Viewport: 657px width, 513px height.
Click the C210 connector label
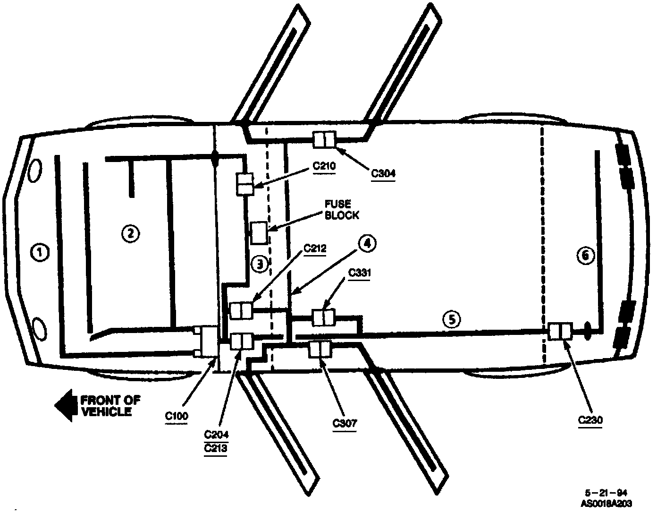coord(324,166)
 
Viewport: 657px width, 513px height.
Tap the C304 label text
coord(383,173)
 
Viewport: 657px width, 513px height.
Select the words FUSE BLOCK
coord(341,209)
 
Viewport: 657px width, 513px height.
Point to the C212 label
coord(315,248)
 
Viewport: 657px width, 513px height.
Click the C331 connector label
coord(360,273)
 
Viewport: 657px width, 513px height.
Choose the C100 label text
coord(177,416)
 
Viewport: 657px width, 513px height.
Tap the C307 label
coord(345,423)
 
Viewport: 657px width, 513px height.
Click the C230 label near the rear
coord(590,419)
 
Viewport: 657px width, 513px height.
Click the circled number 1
coord(40,252)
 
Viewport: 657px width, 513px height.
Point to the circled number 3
coord(260,264)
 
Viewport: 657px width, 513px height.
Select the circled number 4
coord(367,243)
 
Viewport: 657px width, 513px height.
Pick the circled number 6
coord(584,256)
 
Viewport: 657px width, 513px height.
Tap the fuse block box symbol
coord(259,232)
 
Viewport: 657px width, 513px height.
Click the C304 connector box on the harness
coord(325,140)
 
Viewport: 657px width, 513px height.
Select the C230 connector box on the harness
coord(561,331)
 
